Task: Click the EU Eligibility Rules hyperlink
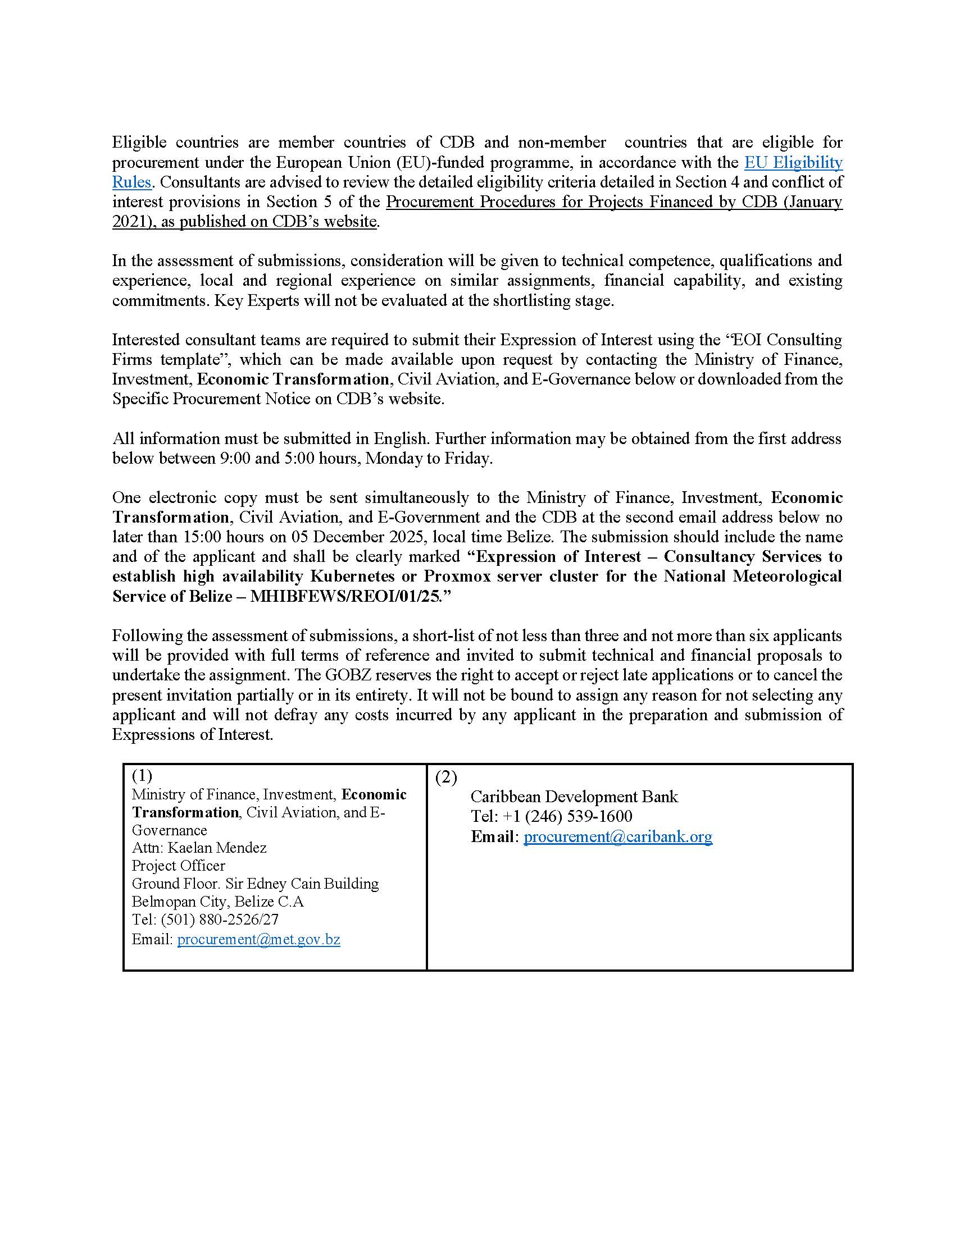click(x=793, y=163)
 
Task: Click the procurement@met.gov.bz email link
click(x=258, y=939)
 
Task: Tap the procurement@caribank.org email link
click(x=617, y=836)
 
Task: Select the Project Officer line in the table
click(x=178, y=866)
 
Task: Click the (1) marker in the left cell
click(x=142, y=775)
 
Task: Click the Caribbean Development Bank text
click(x=574, y=797)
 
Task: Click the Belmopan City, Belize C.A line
click(x=218, y=902)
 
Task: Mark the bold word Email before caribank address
click(x=493, y=836)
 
